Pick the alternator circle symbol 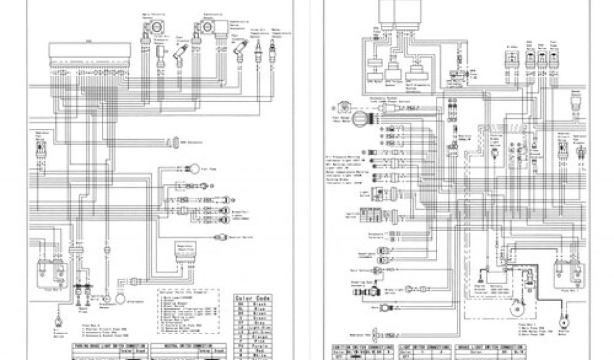tap(119, 298)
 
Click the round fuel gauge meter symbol tap(359, 118)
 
